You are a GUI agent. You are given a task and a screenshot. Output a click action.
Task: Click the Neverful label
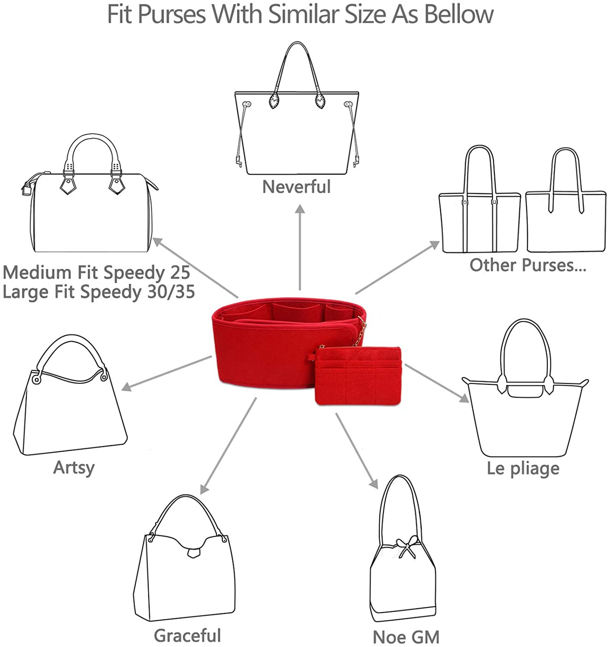coord(297,187)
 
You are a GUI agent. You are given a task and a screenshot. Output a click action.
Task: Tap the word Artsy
coord(74,468)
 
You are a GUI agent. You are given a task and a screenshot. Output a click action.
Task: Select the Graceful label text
coord(187,636)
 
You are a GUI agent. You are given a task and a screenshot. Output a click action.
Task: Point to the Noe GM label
coord(406,637)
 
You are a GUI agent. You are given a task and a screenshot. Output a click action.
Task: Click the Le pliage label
coord(523,469)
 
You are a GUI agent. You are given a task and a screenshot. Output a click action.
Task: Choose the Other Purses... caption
coord(528,265)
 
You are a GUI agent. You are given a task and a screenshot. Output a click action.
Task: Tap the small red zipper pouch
coord(358,376)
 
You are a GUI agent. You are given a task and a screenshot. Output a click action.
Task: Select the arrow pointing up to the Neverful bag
coord(300,247)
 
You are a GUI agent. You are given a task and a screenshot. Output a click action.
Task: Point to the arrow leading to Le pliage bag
coord(437,383)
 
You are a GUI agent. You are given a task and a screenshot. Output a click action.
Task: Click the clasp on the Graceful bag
coord(194,553)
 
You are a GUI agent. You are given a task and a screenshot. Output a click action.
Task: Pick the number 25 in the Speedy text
coord(180,272)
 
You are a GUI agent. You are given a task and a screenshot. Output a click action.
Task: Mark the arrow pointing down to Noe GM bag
coord(357,451)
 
